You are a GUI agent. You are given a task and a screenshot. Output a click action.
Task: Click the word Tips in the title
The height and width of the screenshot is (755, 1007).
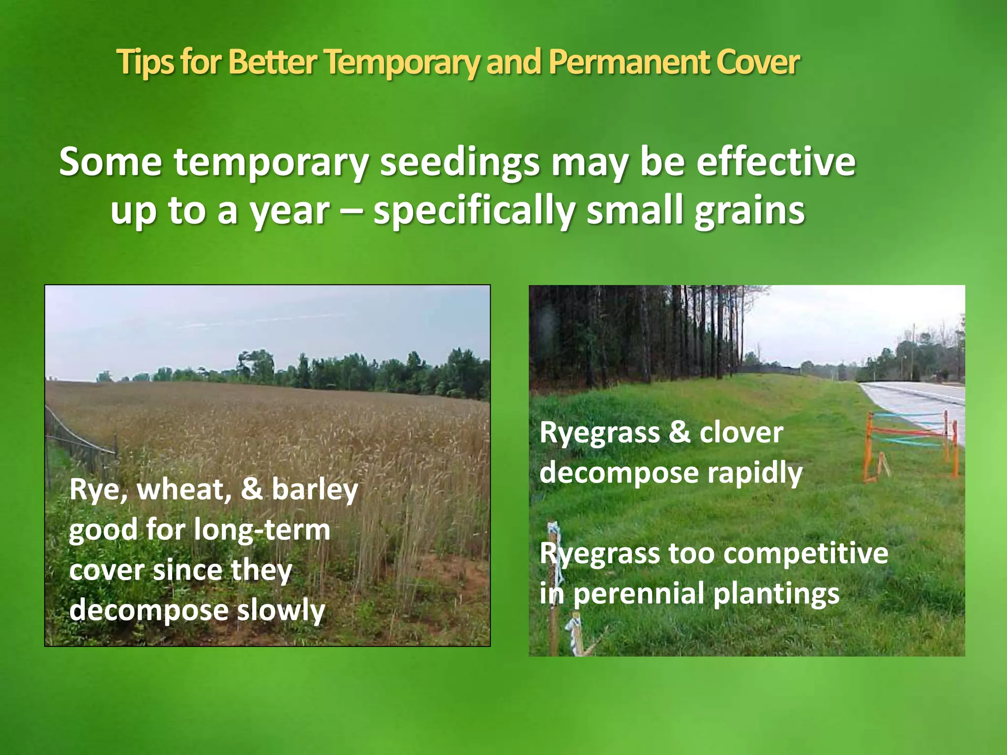(145, 63)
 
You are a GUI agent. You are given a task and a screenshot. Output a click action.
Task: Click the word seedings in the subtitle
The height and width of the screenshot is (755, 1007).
(459, 163)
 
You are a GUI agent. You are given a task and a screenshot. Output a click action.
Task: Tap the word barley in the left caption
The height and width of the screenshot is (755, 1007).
(315, 491)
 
